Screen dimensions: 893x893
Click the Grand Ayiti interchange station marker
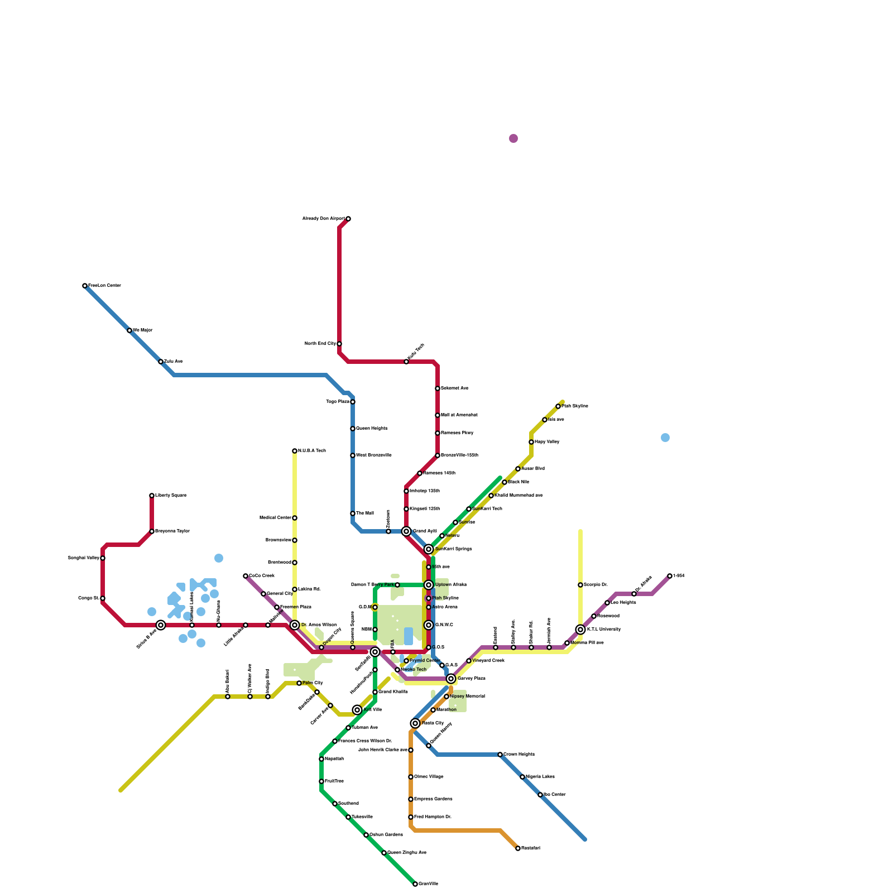click(406, 531)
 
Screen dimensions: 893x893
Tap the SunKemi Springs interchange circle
click(429, 549)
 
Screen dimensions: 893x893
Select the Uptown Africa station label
click(450, 585)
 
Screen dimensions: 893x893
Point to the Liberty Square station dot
click(152, 496)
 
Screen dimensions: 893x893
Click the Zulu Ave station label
click(173, 362)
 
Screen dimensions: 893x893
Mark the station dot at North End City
click(339, 344)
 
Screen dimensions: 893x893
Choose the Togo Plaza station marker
click(353, 402)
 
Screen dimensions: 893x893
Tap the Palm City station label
click(313, 683)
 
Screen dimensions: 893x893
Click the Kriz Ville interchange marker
click(357, 710)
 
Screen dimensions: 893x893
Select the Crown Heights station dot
click(500, 755)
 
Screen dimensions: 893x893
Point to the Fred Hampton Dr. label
click(433, 817)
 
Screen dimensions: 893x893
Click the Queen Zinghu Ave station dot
click(384, 853)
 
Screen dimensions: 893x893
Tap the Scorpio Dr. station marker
click(580, 585)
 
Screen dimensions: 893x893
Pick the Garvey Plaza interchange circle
click(451, 679)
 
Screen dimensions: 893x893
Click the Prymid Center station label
click(425, 661)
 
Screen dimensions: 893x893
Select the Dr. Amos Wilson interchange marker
click(295, 625)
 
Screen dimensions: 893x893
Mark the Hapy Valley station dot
click(531, 442)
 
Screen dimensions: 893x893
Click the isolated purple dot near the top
click(513, 138)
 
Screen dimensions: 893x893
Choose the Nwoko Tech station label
click(414, 670)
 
